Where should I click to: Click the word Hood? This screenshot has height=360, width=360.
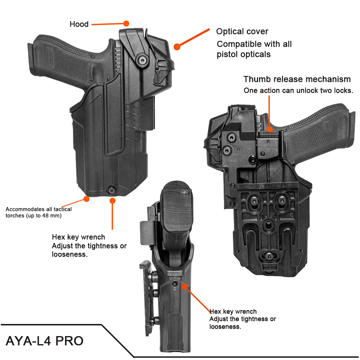pyautogui.click(x=79, y=24)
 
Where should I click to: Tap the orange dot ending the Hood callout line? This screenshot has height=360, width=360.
pyautogui.click(x=126, y=23)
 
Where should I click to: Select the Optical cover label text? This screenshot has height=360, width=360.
pyautogui.click(x=242, y=32)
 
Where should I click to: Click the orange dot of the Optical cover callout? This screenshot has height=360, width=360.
pyautogui.click(x=177, y=46)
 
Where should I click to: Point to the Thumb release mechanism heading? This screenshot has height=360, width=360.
pyautogui.click(x=297, y=79)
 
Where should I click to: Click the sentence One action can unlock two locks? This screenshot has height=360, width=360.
pyautogui.click(x=298, y=90)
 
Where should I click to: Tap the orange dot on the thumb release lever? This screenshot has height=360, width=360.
pyautogui.click(x=269, y=129)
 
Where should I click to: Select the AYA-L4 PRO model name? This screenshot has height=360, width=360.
pyautogui.click(x=45, y=341)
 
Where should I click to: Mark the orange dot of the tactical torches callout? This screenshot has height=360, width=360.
pyautogui.click(x=86, y=199)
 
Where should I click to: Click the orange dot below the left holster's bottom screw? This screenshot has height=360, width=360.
pyautogui.click(x=112, y=200)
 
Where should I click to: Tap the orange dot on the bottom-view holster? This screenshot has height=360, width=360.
pyautogui.click(x=184, y=287)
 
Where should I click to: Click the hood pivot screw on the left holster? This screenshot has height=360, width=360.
pyautogui.click(x=142, y=60)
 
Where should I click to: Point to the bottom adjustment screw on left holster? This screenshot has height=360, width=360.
pyautogui.click(x=112, y=190)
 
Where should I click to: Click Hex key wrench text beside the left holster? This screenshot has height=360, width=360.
pyautogui.click(x=78, y=237)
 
